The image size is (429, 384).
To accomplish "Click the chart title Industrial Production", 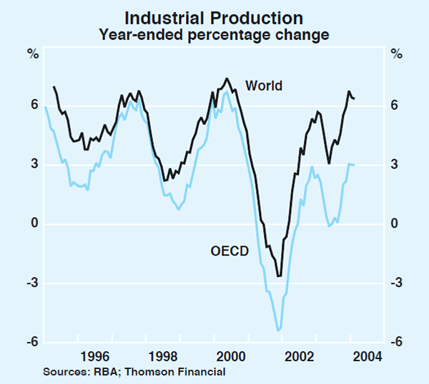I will point(214,18).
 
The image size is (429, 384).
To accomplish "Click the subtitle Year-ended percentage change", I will point(214,34).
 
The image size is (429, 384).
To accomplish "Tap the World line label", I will point(264,86).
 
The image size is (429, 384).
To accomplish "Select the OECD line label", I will point(230,251).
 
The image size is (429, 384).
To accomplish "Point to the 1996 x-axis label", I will point(94,356).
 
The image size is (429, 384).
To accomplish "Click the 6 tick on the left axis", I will point(33,106).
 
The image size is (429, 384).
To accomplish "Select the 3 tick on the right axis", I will point(395,165).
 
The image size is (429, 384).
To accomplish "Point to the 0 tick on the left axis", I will point(33,224).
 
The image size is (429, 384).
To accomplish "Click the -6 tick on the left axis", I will point(31,343).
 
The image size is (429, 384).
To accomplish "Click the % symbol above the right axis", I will point(395,53).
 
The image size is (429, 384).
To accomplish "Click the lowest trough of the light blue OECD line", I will point(278,330).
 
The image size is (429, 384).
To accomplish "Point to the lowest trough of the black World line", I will point(279,276).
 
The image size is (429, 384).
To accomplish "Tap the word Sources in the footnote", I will point(63,372).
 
